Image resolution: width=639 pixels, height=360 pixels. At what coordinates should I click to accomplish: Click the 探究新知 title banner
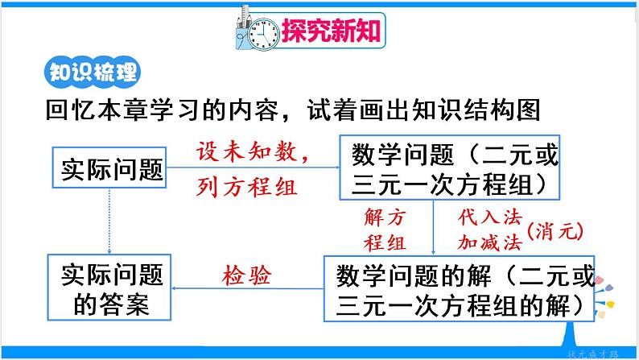tap(330, 31)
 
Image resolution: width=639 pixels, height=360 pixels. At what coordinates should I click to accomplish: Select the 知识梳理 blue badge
tap(89, 72)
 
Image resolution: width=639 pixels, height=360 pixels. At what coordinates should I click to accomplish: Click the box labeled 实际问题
tap(109, 168)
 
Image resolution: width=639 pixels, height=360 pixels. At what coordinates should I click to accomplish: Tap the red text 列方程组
tap(246, 188)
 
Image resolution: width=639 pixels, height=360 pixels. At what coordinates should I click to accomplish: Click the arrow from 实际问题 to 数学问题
tap(254, 168)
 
